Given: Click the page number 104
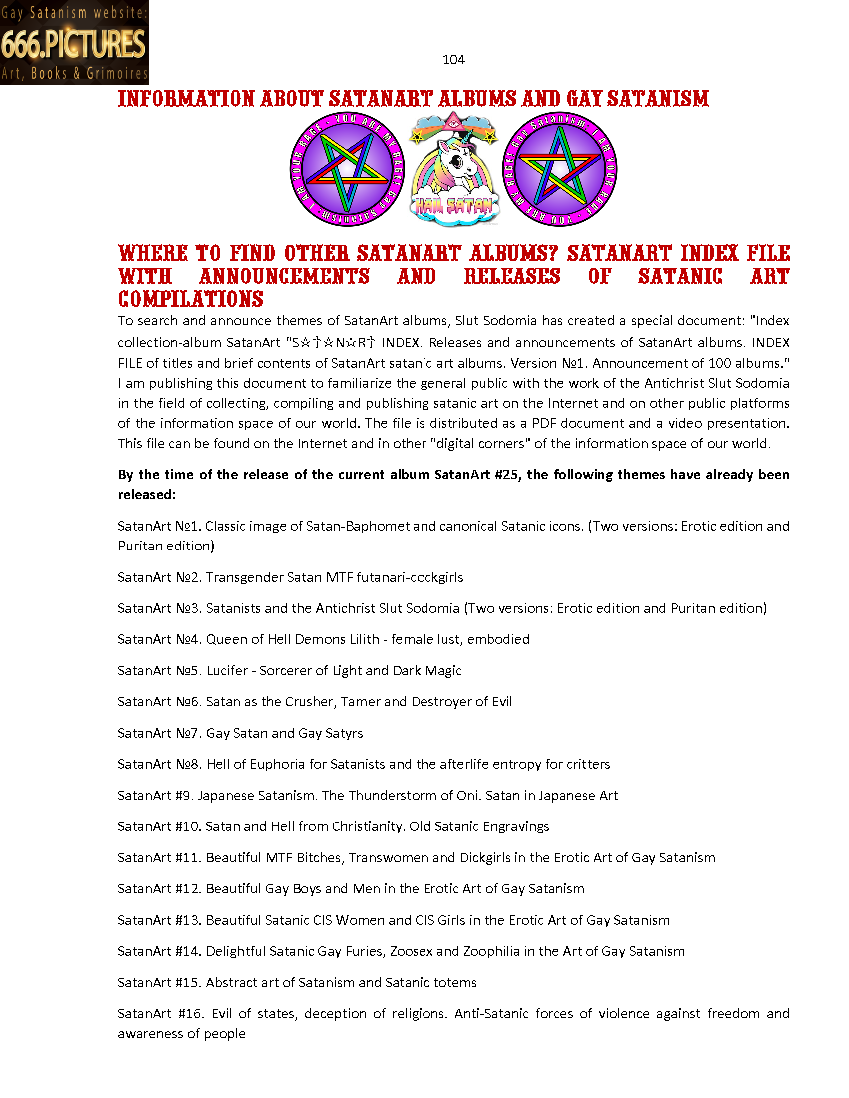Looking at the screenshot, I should (x=453, y=60).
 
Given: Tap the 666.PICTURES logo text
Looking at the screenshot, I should (x=73, y=44).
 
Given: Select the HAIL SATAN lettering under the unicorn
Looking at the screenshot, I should (x=453, y=206).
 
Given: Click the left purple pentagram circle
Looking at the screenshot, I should (x=347, y=169).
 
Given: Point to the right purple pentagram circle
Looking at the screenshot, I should (x=560, y=169).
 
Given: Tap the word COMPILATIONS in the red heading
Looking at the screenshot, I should (x=191, y=299).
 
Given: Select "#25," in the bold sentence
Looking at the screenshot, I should (x=507, y=475).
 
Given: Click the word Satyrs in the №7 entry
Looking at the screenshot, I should (x=344, y=733).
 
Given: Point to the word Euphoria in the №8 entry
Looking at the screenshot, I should (x=277, y=764).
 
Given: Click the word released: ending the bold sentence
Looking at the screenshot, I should (x=146, y=495).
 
